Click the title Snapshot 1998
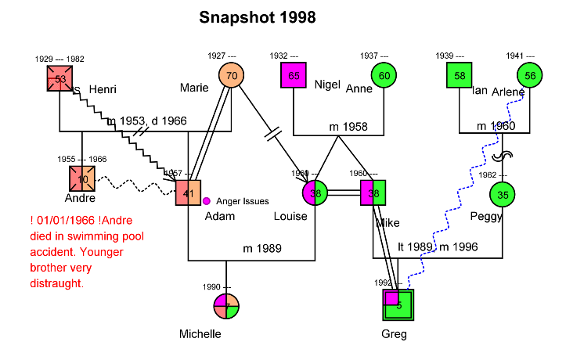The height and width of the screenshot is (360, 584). (257, 17)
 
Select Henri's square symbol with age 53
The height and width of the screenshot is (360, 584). (60, 79)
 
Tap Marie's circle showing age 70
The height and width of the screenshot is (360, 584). (231, 76)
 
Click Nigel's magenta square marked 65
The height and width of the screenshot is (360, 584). (294, 76)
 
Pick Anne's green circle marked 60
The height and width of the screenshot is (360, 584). (384, 76)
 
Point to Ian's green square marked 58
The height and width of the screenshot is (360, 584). (460, 76)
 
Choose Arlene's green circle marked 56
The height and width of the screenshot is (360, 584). (530, 76)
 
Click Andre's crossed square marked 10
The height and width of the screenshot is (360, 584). (82, 179)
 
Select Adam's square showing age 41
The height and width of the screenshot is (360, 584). (189, 193)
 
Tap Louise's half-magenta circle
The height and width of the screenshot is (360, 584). (315, 193)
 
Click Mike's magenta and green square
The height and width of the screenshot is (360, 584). (373, 193)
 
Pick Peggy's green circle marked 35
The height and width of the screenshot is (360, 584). (503, 195)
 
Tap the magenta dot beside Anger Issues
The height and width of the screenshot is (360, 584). (207, 202)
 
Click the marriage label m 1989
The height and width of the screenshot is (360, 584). (262, 249)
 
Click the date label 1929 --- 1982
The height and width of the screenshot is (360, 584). (59, 59)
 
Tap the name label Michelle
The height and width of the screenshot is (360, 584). (200, 334)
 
